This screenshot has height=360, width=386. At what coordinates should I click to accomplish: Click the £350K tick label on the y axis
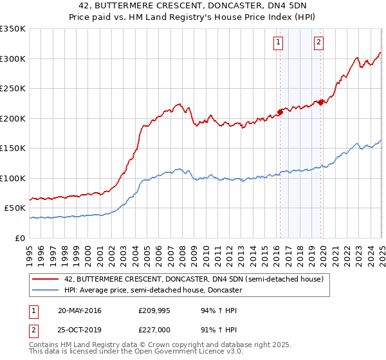pos(13,29)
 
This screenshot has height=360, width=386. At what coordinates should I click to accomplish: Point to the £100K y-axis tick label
pos(13,178)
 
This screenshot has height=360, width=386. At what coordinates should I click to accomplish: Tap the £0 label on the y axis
pos(21,238)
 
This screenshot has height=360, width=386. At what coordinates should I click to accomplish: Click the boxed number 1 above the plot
pos(279,43)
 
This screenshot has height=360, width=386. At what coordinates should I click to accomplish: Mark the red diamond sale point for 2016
pos(280,112)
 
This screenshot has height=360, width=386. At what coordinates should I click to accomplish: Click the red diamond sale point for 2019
pos(320,102)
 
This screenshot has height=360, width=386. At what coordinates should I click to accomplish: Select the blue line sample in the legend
pos(46,290)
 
